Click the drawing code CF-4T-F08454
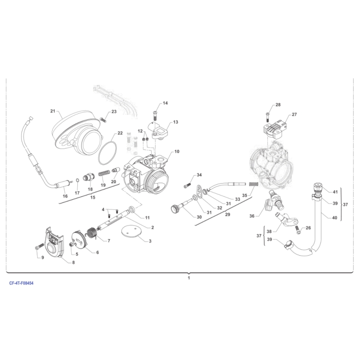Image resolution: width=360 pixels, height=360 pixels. coord(21,283)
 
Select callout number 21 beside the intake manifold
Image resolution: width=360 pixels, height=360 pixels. coord(53,111)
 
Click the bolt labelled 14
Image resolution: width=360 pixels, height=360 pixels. coord(155,116)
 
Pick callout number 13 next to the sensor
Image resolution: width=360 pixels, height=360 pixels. coord(175,122)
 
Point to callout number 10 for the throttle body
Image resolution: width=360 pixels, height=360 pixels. coord(177,152)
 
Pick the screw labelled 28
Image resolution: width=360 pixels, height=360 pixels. coord(268,117)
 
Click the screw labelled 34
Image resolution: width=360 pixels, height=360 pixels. coord(188,185)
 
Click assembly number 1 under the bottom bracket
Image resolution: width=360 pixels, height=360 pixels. coord(189,278)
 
